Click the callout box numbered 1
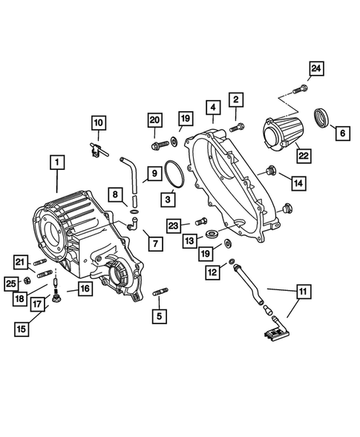click(56, 161)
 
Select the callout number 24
click(317, 69)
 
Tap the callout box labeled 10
click(99, 122)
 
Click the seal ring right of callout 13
click(214, 236)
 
